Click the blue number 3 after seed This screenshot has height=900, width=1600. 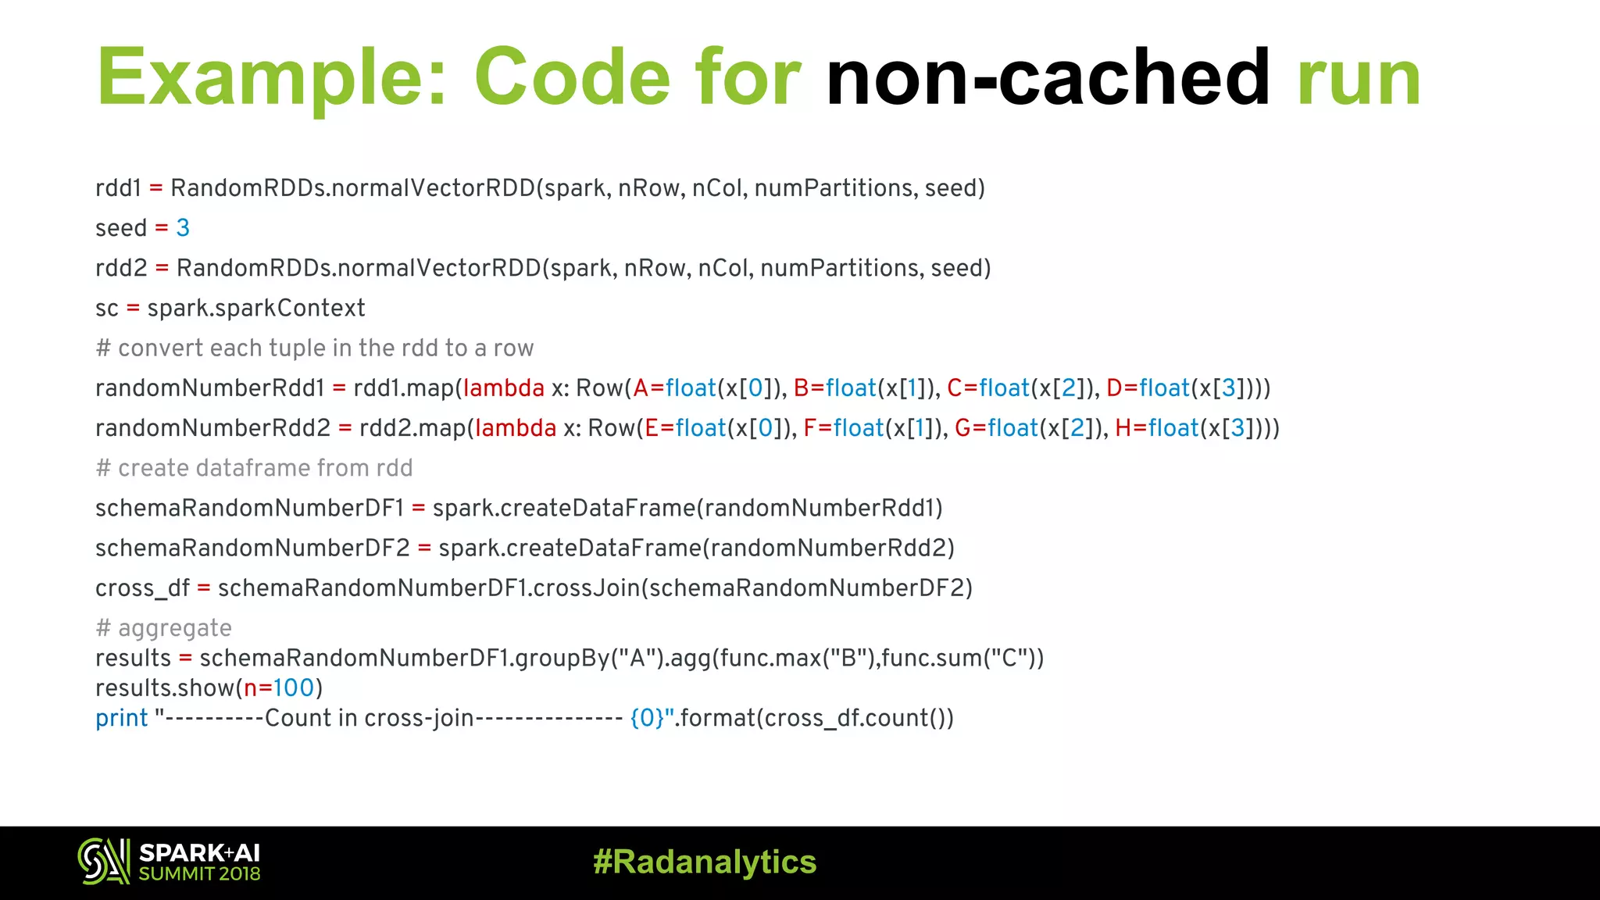pos(183,228)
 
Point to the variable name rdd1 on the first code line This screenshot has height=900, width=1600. pos(118,188)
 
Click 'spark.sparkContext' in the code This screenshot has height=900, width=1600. pos(255,308)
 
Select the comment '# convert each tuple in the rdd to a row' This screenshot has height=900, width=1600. pos(314,348)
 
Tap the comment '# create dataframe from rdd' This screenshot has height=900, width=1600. pos(254,468)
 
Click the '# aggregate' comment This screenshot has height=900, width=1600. pos(163,628)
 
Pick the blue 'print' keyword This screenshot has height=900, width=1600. pos(121,718)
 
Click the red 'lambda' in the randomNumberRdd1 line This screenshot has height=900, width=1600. pos(504,388)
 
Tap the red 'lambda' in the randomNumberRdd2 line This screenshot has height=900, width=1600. pos(516,428)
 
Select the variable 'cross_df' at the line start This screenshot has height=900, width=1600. pos(142,588)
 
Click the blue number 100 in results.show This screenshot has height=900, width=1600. pos(293,688)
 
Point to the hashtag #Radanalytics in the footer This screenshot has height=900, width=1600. pos(705,862)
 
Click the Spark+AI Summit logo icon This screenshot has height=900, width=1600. pos(103,861)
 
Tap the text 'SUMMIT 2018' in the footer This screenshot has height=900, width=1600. pos(199,874)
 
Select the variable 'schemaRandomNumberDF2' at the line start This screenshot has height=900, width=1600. pos(252,548)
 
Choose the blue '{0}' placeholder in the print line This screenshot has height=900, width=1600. pos(647,718)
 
